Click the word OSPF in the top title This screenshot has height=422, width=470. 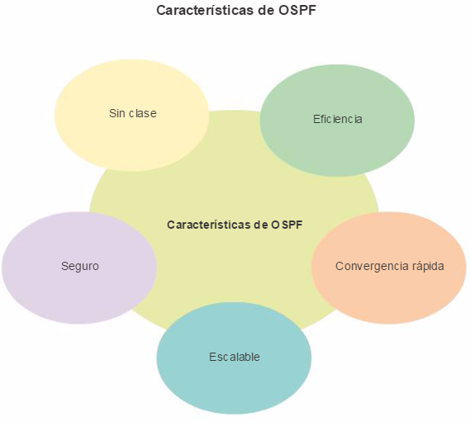coord(297,10)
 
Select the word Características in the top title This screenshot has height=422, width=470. coord(204,10)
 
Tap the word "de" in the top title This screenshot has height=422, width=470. coord(265,10)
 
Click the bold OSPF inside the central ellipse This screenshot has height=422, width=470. coord(287,225)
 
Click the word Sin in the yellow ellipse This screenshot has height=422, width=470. coord(116,113)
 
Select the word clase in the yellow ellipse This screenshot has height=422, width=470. coord(143,113)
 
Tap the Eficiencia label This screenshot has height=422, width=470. coord(338,119)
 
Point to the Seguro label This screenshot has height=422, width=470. coord(80,266)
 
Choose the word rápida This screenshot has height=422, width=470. coord(428,266)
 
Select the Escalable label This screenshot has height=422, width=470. coord(234,357)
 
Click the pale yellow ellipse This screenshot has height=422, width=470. coord(131,116)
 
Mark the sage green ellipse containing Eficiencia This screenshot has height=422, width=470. coord(337,121)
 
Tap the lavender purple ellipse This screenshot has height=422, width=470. coord(79,268)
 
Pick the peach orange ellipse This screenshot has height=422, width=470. coord(389,268)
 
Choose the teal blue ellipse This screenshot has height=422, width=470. coord(234,358)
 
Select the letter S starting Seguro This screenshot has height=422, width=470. coord(64,266)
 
